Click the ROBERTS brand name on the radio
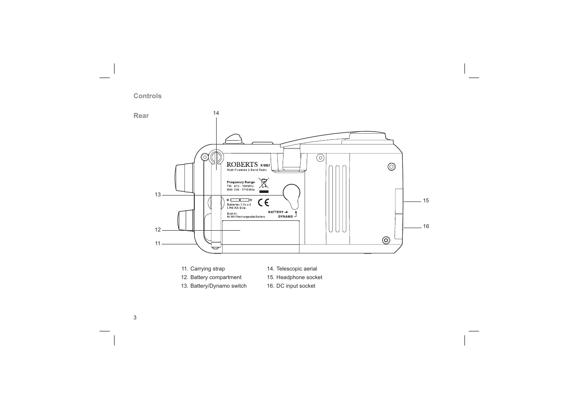[242, 164]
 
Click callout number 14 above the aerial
[216, 113]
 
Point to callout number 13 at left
[157, 195]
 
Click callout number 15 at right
[426, 201]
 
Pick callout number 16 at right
[426, 226]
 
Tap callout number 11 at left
[157, 244]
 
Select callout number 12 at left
[157, 230]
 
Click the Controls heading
[148, 96]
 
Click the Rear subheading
[141, 116]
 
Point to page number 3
[135, 318]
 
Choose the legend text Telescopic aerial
[296, 269]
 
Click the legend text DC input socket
[296, 286]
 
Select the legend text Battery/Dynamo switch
[218, 286]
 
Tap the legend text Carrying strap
[208, 269]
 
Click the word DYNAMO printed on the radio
[285, 217]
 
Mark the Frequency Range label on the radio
[241, 182]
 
